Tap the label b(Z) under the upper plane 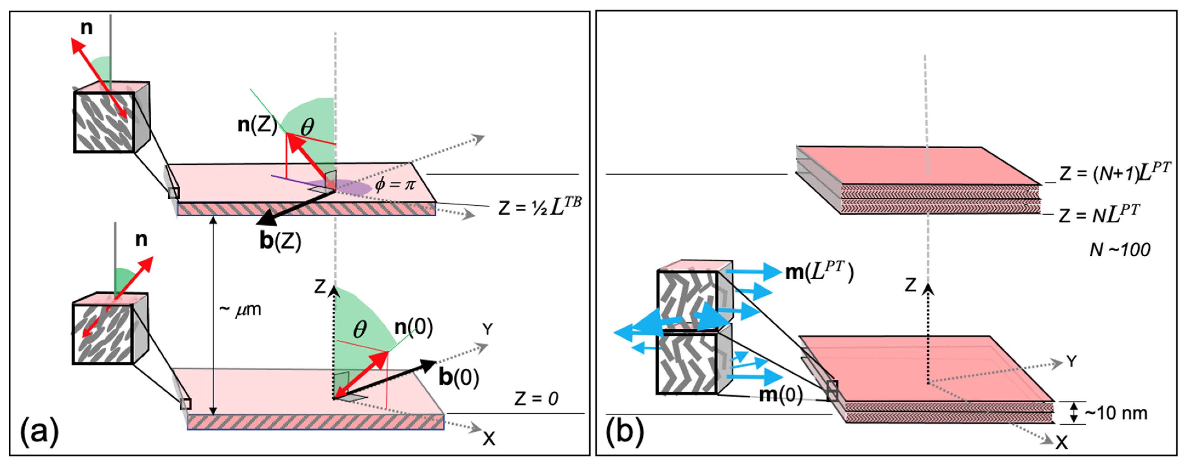point(280,241)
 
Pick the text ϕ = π point(395,184)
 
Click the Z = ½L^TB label point(539,208)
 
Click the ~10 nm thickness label point(1115,413)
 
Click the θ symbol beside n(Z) point(307,127)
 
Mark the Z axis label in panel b point(911,285)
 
